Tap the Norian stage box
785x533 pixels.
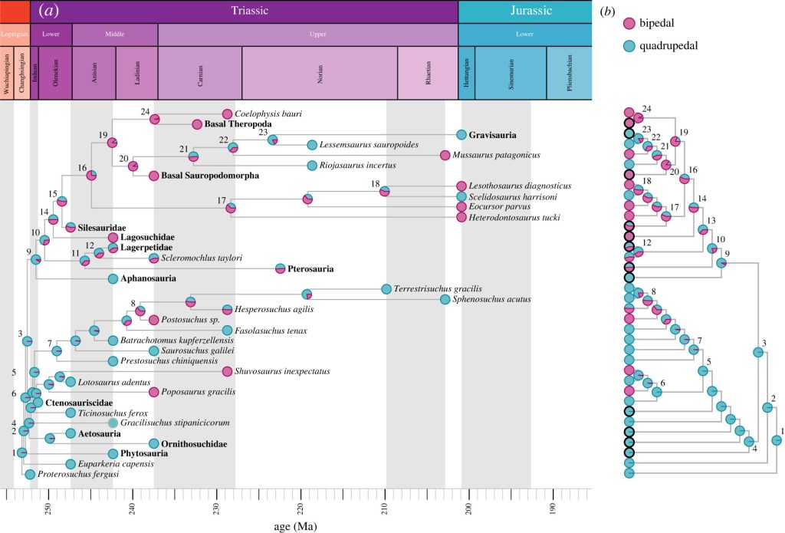tap(320, 73)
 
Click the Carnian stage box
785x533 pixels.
tap(199, 73)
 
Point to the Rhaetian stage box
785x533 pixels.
tap(428, 73)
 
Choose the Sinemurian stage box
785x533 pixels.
tap(511, 73)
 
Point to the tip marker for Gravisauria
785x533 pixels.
tap(461, 135)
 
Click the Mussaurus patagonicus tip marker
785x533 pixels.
tap(445, 155)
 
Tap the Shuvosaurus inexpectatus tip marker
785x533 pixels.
tap(227, 372)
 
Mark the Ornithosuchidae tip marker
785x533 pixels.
tap(154, 443)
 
